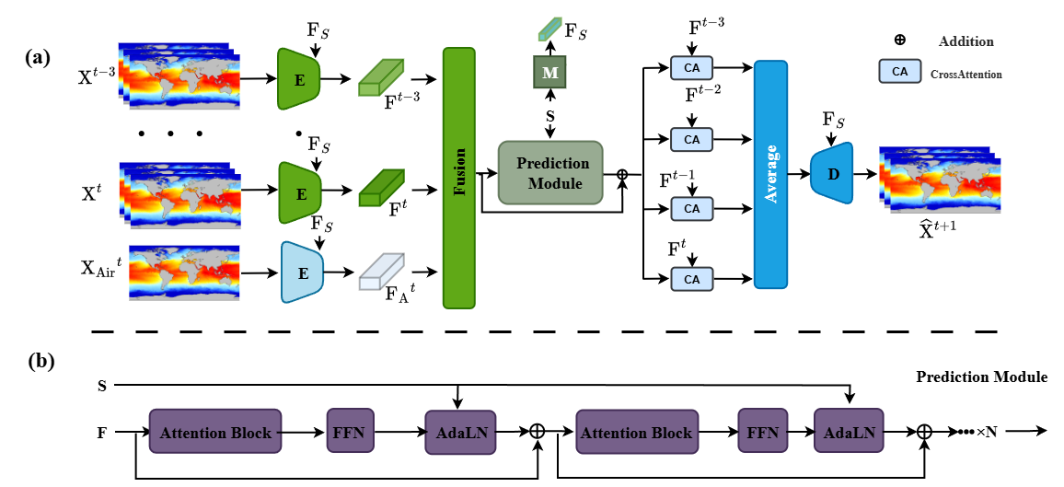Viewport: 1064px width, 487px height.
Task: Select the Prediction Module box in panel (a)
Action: [x=549, y=172]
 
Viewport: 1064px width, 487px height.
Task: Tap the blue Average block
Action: [x=771, y=175]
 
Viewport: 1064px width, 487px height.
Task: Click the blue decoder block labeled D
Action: [x=833, y=173]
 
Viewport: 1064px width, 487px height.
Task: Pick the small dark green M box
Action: [x=550, y=73]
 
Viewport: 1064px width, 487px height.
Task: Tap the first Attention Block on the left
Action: [x=215, y=433]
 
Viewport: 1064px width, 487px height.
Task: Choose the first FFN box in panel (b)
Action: [x=348, y=433]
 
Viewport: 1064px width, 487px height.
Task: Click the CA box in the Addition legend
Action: [x=900, y=71]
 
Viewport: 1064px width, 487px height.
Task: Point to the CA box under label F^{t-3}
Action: [x=692, y=67]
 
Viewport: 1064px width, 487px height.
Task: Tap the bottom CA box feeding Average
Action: [x=692, y=277]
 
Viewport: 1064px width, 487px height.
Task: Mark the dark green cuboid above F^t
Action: [x=381, y=188]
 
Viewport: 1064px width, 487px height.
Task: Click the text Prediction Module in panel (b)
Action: [x=981, y=377]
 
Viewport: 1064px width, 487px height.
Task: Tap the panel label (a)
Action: [x=38, y=57]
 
